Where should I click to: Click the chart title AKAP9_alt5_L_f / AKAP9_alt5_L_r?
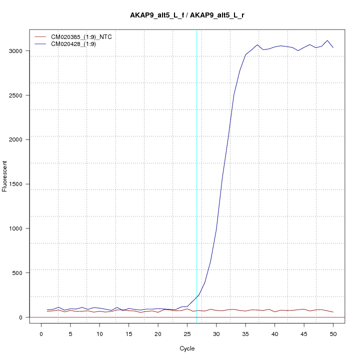tap(187, 15)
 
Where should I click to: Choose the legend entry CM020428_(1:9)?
tap(77, 44)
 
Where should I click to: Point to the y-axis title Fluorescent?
tap(5, 176)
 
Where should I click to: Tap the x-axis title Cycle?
tap(187, 348)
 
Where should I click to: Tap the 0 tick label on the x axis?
tap(41, 333)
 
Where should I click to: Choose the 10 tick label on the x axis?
tap(99, 333)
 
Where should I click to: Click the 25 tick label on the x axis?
tap(187, 333)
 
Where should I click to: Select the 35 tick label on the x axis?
tap(245, 333)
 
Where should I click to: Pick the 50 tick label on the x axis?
tap(333, 333)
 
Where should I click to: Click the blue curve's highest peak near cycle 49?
tap(327, 40)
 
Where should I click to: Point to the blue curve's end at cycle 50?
tap(333, 47)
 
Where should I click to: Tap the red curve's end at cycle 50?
tap(333, 312)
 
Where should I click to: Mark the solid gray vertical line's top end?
tap(196, 30)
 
